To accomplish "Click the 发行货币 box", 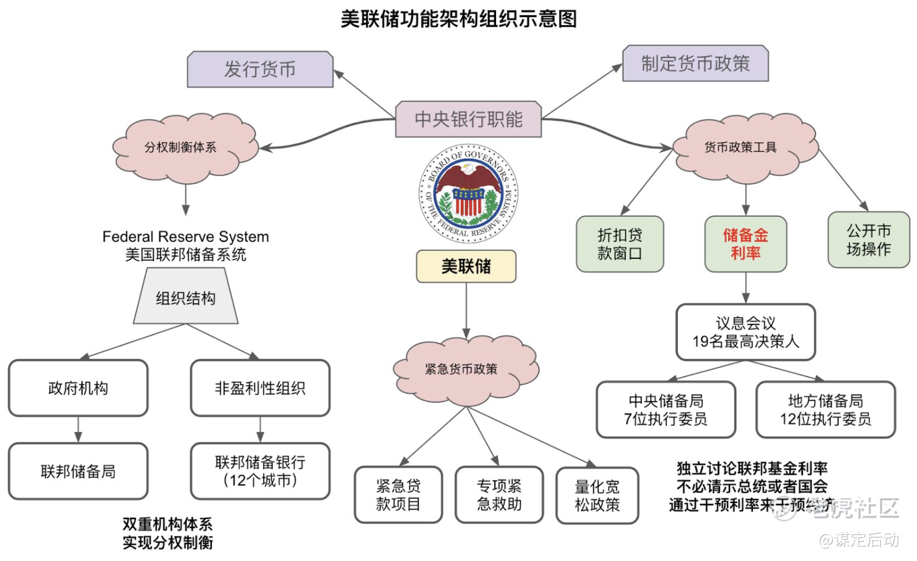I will (x=260, y=70).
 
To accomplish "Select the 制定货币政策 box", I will (x=695, y=63).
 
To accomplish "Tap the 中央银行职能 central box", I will (x=468, y=119).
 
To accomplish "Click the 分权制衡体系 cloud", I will (x=181, y=147).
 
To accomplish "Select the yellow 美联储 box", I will (x=466, y=267).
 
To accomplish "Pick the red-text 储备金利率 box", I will (x=746, y=244).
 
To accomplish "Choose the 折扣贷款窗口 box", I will (x=620, y=244).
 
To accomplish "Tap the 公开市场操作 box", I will (x=868, y=240).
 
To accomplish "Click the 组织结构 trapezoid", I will (x=186, y=298).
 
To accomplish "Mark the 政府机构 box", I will (x=78, y=388).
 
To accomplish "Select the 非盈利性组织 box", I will (x=260, y=388).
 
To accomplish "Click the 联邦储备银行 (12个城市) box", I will (x=260, y=471).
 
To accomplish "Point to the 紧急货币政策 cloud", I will (x=462, y=369).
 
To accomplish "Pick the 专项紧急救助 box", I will (x=499, y=495).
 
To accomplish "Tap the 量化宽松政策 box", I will (x=597, y=496).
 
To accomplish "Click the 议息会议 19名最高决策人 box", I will (x=746, y=332).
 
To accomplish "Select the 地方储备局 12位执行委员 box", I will (x=826, y=410).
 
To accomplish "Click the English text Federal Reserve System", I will (x=186, y=236).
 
